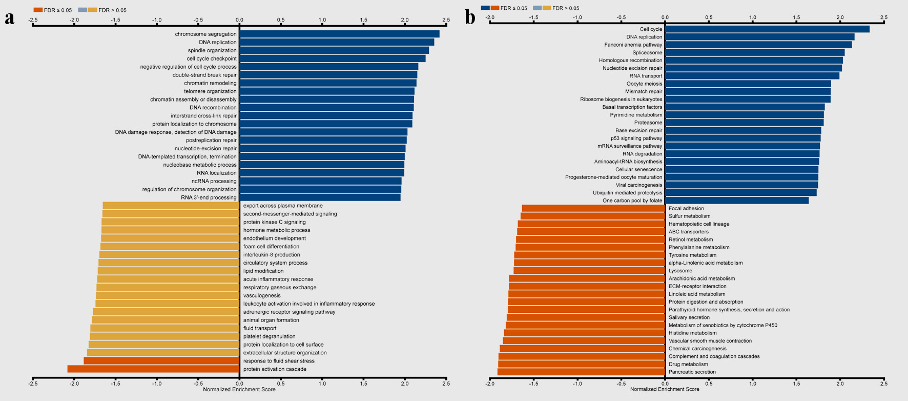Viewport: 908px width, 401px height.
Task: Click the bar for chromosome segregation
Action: (x=339, y=34)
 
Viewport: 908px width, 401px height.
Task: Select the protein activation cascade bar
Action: (x=153, y=369)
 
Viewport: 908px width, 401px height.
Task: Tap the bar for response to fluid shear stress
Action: (x=161, y=360)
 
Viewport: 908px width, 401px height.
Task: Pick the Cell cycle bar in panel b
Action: (x=767, y=29)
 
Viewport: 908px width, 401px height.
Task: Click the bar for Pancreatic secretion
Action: (x=581, y=372)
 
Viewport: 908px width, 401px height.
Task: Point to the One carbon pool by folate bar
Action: (x=737, y=200)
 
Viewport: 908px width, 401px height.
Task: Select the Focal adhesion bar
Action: (x=593, y=208)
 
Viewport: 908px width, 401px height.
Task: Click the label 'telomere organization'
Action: (x=210, y=91)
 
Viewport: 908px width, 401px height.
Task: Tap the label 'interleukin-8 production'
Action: (x=272, y=255)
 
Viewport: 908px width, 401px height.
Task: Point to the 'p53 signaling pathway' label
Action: (x=636, y=138)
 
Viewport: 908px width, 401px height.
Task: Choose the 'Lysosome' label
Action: (x=680, y=271)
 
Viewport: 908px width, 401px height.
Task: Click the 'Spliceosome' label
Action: (x=647, y=52)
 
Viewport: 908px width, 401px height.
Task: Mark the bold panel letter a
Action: (x=9, y=18)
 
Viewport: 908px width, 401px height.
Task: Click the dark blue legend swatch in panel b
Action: (x=485, y=8)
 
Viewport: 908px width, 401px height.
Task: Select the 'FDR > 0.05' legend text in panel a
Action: (x=112, y=10)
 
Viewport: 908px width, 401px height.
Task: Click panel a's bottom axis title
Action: (x=239, y=390)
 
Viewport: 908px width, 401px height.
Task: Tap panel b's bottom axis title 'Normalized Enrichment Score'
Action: (x=665, y=389)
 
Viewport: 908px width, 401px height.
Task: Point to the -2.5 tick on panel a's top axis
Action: (x=33, y=20)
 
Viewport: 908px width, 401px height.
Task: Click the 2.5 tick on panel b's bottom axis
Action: (x=884, y=383)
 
